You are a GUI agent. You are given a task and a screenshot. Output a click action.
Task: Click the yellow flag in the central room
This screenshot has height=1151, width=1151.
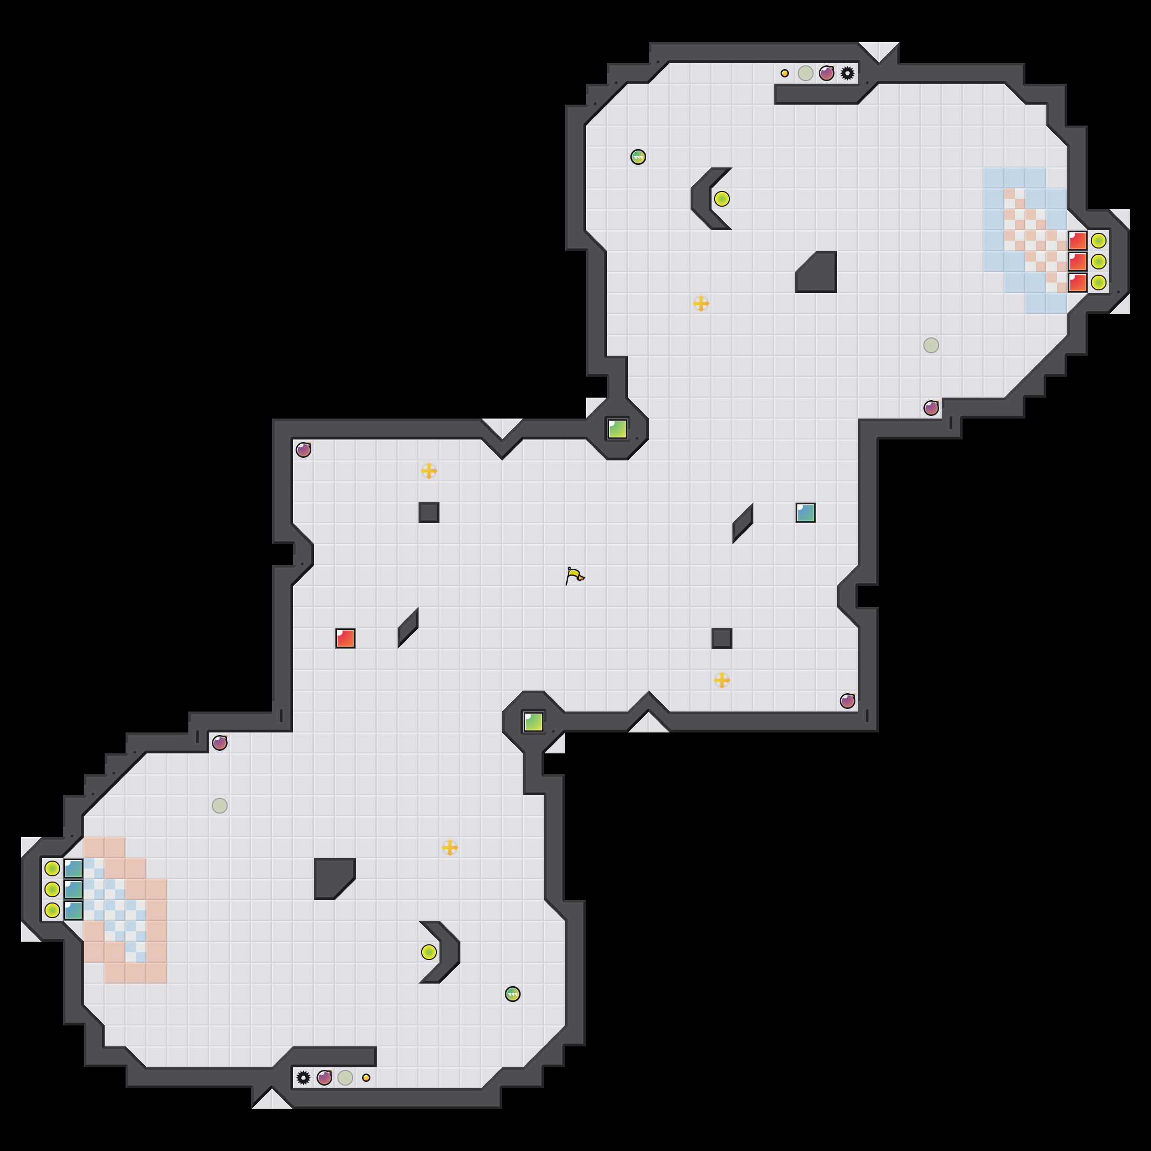574,576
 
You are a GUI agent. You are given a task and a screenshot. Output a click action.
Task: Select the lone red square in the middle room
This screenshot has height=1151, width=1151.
345,638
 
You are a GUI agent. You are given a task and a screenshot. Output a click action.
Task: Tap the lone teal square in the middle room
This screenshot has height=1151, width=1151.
806,512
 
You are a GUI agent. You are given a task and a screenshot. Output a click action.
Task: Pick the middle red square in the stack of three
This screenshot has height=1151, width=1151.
1077,262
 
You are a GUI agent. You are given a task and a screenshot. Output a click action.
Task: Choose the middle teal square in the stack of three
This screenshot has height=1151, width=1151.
73,889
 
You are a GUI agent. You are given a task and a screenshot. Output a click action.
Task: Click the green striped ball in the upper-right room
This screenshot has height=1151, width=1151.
638,156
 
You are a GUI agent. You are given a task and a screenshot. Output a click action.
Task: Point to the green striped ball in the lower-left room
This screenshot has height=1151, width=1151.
512,994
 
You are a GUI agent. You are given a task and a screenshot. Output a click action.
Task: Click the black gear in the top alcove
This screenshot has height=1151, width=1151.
847,73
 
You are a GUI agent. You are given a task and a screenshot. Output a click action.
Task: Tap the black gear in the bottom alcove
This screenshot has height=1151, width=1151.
303,1077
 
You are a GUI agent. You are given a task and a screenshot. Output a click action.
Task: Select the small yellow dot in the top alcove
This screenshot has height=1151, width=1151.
785,73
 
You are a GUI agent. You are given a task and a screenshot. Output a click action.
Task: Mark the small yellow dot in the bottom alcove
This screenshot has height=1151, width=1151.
366,1077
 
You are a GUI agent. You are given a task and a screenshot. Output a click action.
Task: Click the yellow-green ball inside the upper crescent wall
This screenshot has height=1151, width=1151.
721,198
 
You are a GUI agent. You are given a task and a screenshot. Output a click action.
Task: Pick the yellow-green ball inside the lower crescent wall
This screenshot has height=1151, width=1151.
429,952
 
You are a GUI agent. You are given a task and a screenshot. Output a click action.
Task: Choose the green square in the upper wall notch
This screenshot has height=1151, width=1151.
617,429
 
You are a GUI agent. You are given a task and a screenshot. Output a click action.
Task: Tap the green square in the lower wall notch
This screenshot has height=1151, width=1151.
533,721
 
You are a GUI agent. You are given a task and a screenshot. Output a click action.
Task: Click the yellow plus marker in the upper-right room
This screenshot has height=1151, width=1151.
701,303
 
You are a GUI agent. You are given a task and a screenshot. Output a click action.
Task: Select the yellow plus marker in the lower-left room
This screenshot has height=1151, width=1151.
450,847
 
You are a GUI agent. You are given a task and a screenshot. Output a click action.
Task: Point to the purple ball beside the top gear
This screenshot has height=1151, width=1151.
826,73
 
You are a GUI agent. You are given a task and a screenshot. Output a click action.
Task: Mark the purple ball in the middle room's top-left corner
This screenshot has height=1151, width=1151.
303,450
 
